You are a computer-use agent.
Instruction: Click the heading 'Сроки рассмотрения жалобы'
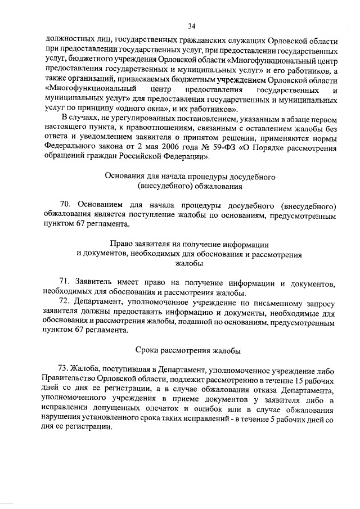tap(190, 350)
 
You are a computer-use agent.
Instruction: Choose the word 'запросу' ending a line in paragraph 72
tap(319, 302)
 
